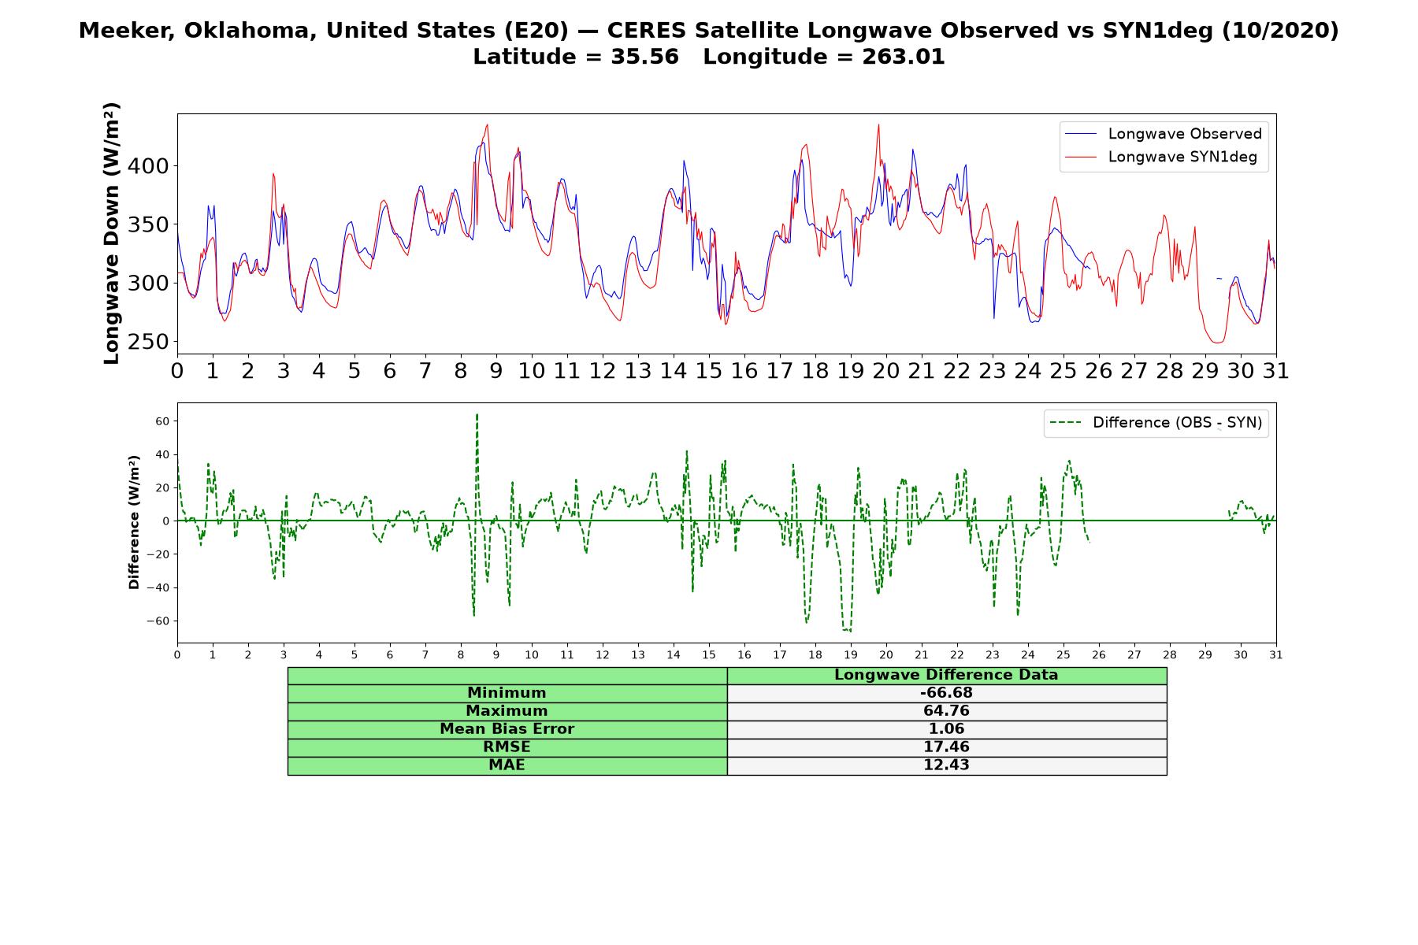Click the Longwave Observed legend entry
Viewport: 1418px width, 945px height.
pyautogui.click(x=1163, y=134)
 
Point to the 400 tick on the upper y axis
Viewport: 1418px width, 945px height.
pyautogui.click(x=153, y=166)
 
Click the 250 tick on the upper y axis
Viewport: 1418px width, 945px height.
pyautogui.click(x=153, y=342)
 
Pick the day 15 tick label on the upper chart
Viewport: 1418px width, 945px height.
pyautogui.click(x=709, y=370)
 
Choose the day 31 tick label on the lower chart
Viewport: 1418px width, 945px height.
pyautogui.click(x=1276, y=654)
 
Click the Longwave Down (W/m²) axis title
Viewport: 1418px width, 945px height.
pyautogui.click(x=111, y=233)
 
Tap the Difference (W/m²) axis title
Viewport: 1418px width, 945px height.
pyautogui.click(x=134, y=522)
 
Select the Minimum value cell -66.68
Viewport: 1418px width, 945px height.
pyautogui.click(x=946, y=693)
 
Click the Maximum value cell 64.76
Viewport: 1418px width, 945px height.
pyautogui.click(x=946, y=711)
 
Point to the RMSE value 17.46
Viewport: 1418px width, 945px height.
pyautogui.click(x=946, y=747)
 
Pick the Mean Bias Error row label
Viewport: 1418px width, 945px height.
pyautogui.click(x=507, y=729)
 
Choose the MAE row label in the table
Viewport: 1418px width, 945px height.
pyautogui.click(x=507, y=765)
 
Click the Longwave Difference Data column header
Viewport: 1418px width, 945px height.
pyautogui.click(x=946, y=675)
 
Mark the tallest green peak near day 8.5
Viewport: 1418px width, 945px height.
pyautogui.click(x=477, y=414)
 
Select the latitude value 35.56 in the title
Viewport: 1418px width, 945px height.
pyautogui.click(x=644, y=57)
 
